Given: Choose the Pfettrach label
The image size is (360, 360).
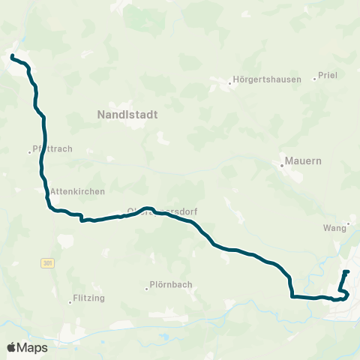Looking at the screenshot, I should click(x=55, y=148).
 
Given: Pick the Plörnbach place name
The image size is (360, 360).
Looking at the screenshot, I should click(x=172, y=284).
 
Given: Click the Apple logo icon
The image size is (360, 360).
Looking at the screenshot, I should click(x=12, y=347).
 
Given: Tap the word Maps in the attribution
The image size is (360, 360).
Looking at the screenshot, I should click(x=33, y=347).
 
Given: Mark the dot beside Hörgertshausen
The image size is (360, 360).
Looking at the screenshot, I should click(x=230, y=82).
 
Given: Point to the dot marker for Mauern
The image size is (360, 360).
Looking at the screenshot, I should click(x=282, y=166).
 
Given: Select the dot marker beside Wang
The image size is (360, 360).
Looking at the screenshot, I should click(x=349, y=225).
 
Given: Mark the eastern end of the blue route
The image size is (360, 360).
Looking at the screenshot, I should click(x=347, y=271).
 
